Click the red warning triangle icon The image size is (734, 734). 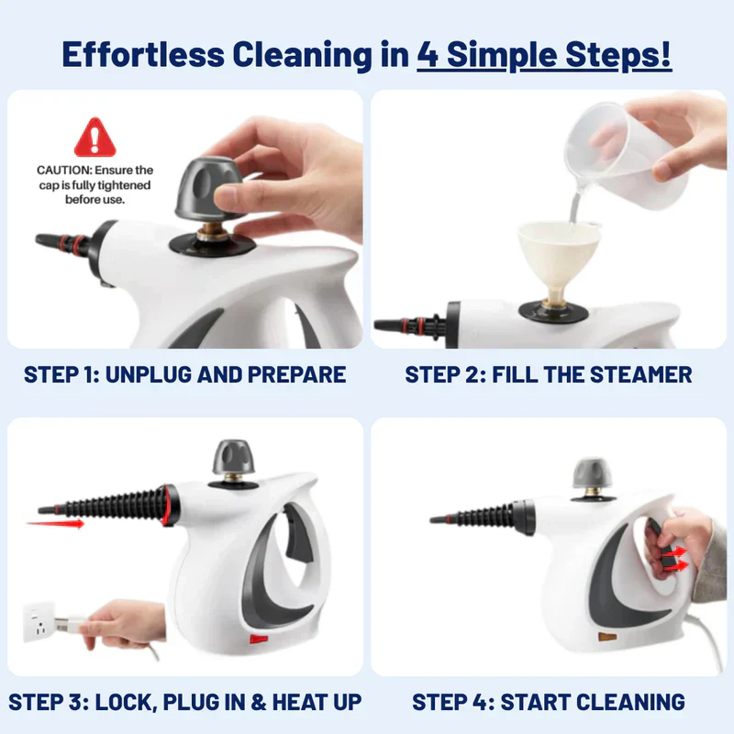[x=95, y=137]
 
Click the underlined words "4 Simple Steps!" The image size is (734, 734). [x=544, y=54]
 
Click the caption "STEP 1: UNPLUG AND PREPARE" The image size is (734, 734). [x=185, y=374]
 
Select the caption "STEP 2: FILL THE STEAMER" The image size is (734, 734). [x=549, y=374]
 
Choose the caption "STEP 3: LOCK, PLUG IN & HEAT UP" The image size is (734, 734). [x=185, y=702]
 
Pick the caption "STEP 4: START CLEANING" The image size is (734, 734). [x=549, y=702]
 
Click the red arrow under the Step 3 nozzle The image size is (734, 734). [x=54, y=524]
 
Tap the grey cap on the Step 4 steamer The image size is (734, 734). [x=590, y=473]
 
